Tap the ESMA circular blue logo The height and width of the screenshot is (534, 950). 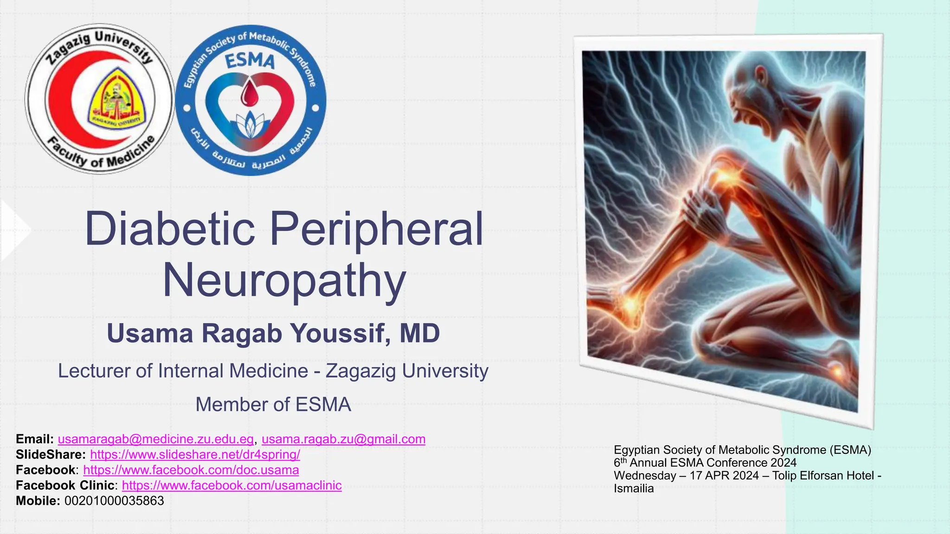pos(250,100)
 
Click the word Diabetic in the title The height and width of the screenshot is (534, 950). pos(170,229)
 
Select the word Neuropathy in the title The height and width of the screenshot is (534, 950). pos(284,280)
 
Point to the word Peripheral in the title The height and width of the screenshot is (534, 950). pos(376,229)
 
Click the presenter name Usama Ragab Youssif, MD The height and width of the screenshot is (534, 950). pos(273,333)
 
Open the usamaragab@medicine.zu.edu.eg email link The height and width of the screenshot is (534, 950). pos(156,439)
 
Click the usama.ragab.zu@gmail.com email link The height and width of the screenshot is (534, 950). pos(343,439)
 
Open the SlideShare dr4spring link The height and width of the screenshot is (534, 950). pos(195,454)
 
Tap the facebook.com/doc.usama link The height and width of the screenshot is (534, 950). pos(191,470)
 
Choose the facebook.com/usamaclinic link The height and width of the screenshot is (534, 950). pos(231,485)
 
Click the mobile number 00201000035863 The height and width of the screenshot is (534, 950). pos(114,501)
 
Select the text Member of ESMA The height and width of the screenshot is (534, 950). pos(273,405)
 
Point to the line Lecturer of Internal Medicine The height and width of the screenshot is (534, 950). pos(273,371)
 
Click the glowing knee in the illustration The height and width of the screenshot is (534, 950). pos(721,178)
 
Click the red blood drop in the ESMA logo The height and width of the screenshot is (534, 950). pos(250,95)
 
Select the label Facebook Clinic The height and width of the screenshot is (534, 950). pos(65,485)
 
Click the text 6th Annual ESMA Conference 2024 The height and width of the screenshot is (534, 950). pos(705,463)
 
